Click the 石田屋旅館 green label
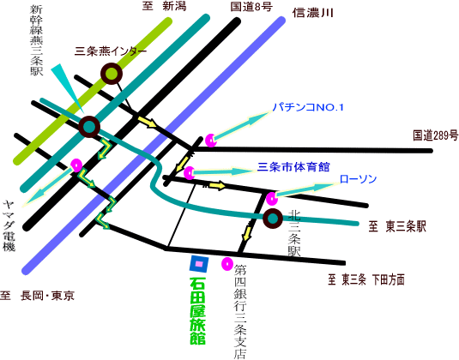(197, 310)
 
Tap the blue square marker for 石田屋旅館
(199, 264)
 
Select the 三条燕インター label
(111, 51)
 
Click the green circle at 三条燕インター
(112, 74)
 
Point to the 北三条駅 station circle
(273, 219)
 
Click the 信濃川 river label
(313, 13)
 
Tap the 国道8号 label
(251, 7)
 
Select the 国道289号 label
(436, 135)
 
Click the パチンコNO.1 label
(308, 107)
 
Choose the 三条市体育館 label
(293, 167)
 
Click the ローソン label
(358, 179)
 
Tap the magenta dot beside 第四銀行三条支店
(226, 264)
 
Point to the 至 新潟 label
(164, 6)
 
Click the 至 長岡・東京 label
(37, 296)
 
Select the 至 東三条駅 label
(397, 226)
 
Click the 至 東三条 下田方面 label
(366, 280)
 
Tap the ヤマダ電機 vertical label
(9, 225)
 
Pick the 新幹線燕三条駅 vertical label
(36, 40)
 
